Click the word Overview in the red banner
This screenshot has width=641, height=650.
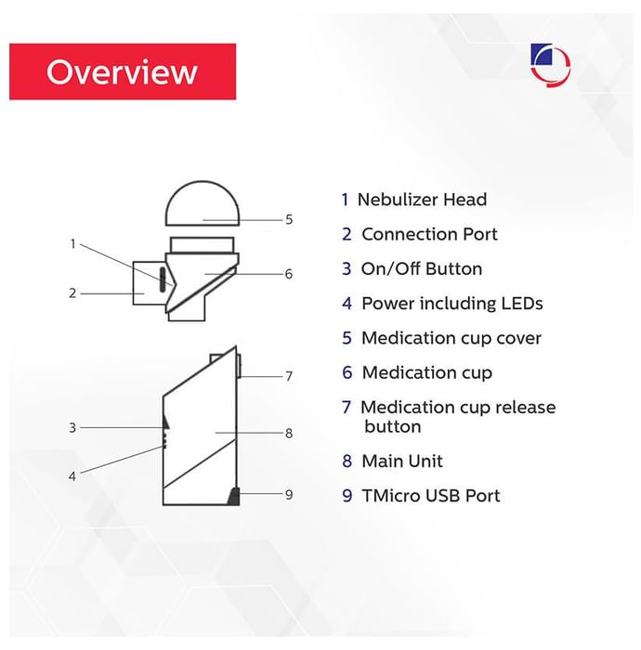tap(122, 71)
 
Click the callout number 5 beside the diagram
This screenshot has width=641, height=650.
tap(289, 220)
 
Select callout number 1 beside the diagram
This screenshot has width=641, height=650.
tap(72, 244)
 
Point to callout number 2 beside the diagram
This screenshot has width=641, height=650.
tap(72, 293)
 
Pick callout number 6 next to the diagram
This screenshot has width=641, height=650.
tap(289, 274)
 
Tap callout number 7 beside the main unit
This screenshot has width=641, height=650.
tap(289, 376)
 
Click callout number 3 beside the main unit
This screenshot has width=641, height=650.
tap(72, 428)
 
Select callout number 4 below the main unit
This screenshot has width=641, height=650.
tap(72, 476)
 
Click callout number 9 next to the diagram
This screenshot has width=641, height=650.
tap(289, 494)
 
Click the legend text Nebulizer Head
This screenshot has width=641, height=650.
tap(422, 200)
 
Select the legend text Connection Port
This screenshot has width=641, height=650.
tap(429, 235)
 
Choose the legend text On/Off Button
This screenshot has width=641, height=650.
tap(422, 269)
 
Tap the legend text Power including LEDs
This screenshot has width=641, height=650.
tap(451, 304)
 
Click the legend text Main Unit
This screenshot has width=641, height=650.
tap(402, 461)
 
